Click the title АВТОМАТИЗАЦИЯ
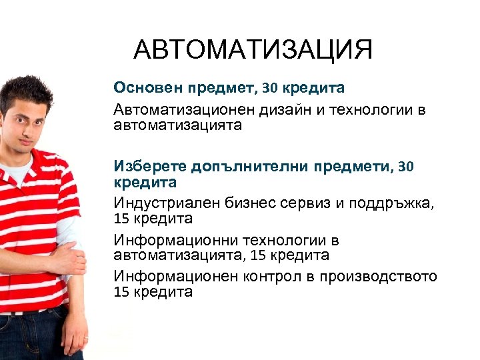point(253,51)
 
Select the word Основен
point(141,87)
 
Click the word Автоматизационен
point(181,109)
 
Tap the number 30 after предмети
point(405,166)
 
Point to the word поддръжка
point(393,203)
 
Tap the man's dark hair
point(27,90)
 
